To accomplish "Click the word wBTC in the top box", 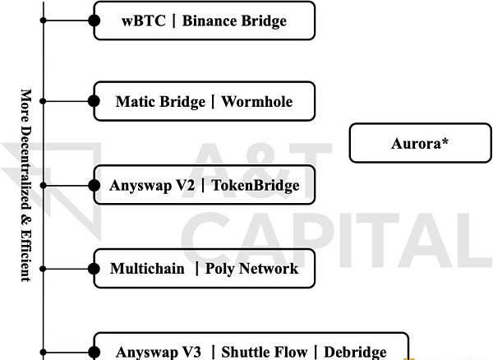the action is coord(143,21).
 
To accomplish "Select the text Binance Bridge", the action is coord(234,21).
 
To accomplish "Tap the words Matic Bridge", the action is coord(160,102).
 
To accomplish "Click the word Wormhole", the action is coord(257,102).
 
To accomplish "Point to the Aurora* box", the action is coord(420,143).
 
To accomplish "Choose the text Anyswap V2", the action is coord(152,186).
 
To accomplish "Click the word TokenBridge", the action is coord(256,185).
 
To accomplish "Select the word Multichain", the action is coord(147,269).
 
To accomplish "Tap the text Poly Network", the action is coord(251,269).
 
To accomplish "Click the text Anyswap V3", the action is coord(158,352).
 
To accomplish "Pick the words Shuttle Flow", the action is coord(264,352).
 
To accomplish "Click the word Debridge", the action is coord(355,352).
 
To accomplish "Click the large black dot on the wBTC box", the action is coord(94,21).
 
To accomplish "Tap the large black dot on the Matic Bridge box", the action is coord(94,101).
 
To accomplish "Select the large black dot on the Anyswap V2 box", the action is coord(94,186).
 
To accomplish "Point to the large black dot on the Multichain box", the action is coord(94,269).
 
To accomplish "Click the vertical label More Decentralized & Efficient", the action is coord(25,186).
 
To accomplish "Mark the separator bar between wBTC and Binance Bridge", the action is coord(174,21).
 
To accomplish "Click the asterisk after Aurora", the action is coord(445,141).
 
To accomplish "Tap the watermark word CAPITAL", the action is coord(336,241).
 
